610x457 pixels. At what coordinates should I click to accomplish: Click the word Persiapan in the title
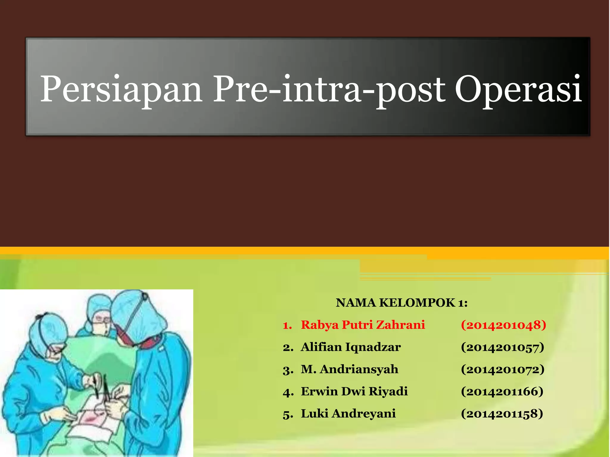click(121, 89)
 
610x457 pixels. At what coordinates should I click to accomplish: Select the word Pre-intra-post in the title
click(329, 89)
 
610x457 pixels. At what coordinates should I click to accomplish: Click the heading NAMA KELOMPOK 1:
click(402, 303)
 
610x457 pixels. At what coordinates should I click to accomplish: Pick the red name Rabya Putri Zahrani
click(363, 325)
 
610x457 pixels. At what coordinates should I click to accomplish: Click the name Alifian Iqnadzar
click(351, 347)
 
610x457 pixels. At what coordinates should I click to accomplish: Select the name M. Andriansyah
click(349, 369)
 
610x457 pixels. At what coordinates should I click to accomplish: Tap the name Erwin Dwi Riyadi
click(354, 391)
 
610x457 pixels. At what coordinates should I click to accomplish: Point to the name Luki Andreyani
click(348, 414)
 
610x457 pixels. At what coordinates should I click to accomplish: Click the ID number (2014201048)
click(503, 325)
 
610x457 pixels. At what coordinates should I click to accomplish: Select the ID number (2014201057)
click(502, 347)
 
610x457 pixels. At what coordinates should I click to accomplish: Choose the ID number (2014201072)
click(502, 370)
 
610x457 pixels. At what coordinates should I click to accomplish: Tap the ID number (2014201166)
click(502, 392)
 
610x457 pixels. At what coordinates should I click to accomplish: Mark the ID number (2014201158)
click(502, 414)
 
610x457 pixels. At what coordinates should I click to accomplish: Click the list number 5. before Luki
click(288, 414)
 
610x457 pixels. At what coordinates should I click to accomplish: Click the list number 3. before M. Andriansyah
click(288, 370)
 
